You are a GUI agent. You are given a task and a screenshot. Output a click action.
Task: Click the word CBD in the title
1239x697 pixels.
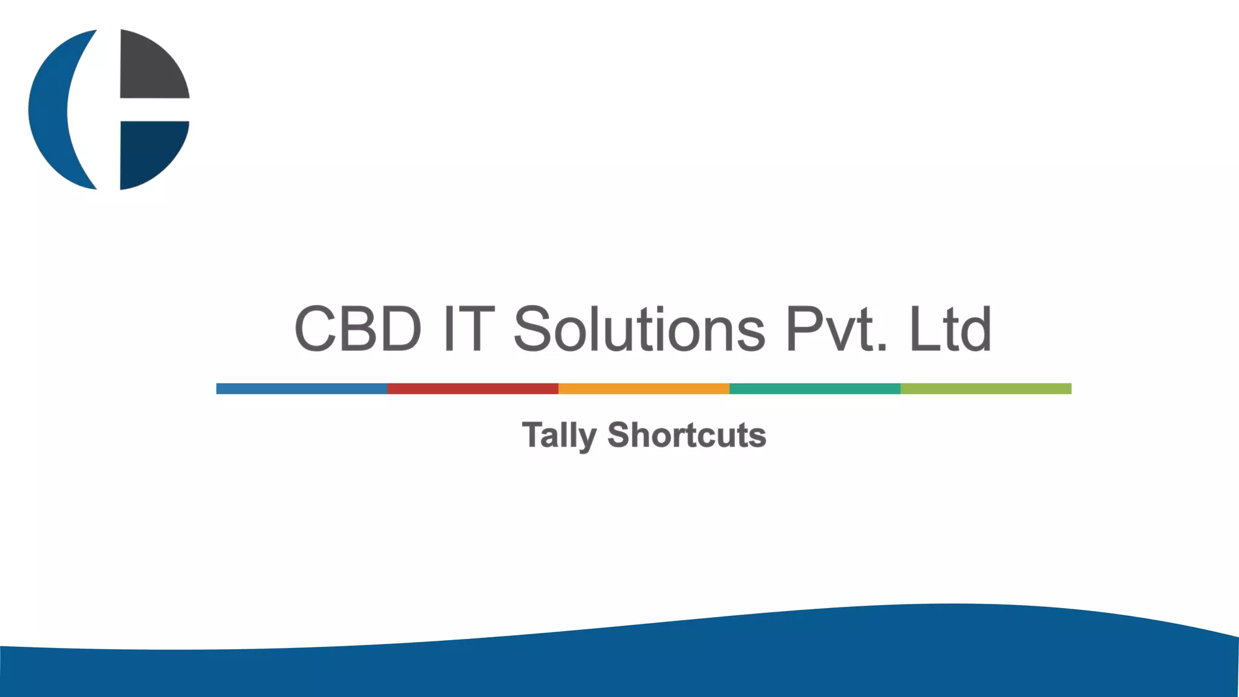click(x=358, y=329)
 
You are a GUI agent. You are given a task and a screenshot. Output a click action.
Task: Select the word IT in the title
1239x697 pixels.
click(x=469, y=329)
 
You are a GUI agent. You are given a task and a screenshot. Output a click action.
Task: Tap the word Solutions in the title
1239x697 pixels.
click(x=639, y=329)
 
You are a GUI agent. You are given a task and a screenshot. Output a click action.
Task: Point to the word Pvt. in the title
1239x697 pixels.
click(x=837, y=329)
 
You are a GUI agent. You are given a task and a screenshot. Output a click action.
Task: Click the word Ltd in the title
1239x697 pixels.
click(x=950, y=329)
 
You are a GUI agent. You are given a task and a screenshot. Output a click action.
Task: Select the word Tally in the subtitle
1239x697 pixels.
click(x=559, y=435)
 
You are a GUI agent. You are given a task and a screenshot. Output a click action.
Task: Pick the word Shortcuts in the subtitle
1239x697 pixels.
click(x=687, y=435)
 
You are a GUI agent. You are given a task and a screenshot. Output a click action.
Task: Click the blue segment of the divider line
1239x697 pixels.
click(x=301, y=388)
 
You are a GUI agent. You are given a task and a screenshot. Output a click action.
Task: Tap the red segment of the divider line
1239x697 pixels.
click(x=472, y=388)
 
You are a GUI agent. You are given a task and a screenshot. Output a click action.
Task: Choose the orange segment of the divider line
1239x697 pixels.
click(x=644, y=388)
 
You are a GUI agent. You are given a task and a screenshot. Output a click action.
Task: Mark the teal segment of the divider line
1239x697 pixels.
click(x=815, y=388)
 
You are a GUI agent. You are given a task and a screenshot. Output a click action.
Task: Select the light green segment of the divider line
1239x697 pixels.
click(x=986, y=388)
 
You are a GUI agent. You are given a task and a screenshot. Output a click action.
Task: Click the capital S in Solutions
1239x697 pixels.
click(x=532, y=329)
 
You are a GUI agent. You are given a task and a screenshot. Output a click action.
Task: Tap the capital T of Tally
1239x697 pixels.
click(x=533, y=434)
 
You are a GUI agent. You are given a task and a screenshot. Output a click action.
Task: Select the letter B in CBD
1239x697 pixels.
click(x=358, y=329)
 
